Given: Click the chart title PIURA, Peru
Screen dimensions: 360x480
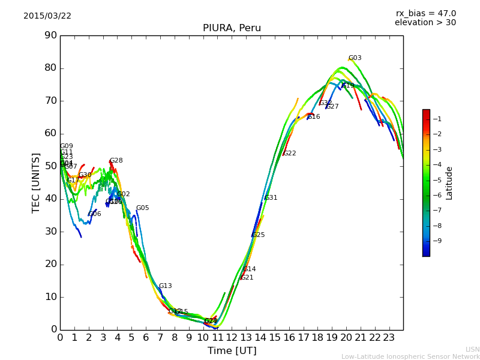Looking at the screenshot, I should click(x=232, y=28).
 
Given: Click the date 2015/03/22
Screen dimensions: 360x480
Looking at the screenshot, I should click(x=47, y=16).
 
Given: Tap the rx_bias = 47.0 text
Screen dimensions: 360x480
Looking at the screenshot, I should click(x=425, y=13).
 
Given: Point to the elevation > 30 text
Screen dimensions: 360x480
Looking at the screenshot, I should click(x=425, y=23).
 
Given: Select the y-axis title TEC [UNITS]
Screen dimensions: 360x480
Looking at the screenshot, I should click(x=36, y=182).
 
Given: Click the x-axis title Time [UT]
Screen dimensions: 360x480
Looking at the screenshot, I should click(x=232, y=350).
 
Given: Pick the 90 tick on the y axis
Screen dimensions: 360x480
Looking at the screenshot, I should click(x=50, y=35).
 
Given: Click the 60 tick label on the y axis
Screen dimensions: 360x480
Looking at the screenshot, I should click(x=50, y=133).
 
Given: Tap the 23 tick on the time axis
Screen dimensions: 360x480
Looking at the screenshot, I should click(x=389, y=337).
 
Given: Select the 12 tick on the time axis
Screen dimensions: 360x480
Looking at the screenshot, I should click(x=232, y=337).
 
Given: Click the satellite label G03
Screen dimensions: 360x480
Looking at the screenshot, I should click(x=355, y=58).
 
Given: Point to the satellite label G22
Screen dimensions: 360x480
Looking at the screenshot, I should click(x=289, y=154).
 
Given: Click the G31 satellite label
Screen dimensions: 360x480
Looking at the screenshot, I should click(x=271, y=198).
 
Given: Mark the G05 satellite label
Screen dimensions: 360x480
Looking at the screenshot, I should click(x=142, y=208).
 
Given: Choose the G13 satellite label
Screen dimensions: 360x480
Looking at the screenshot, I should click(x=165, y=286).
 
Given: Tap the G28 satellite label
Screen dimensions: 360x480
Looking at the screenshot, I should click(x=116, y=161).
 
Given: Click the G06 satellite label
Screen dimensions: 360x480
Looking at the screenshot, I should click(x=94, y=214).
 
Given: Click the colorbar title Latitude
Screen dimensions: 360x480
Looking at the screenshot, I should click(x=449, y=182).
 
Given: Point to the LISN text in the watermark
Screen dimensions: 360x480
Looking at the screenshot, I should click(x=472, y=349).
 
